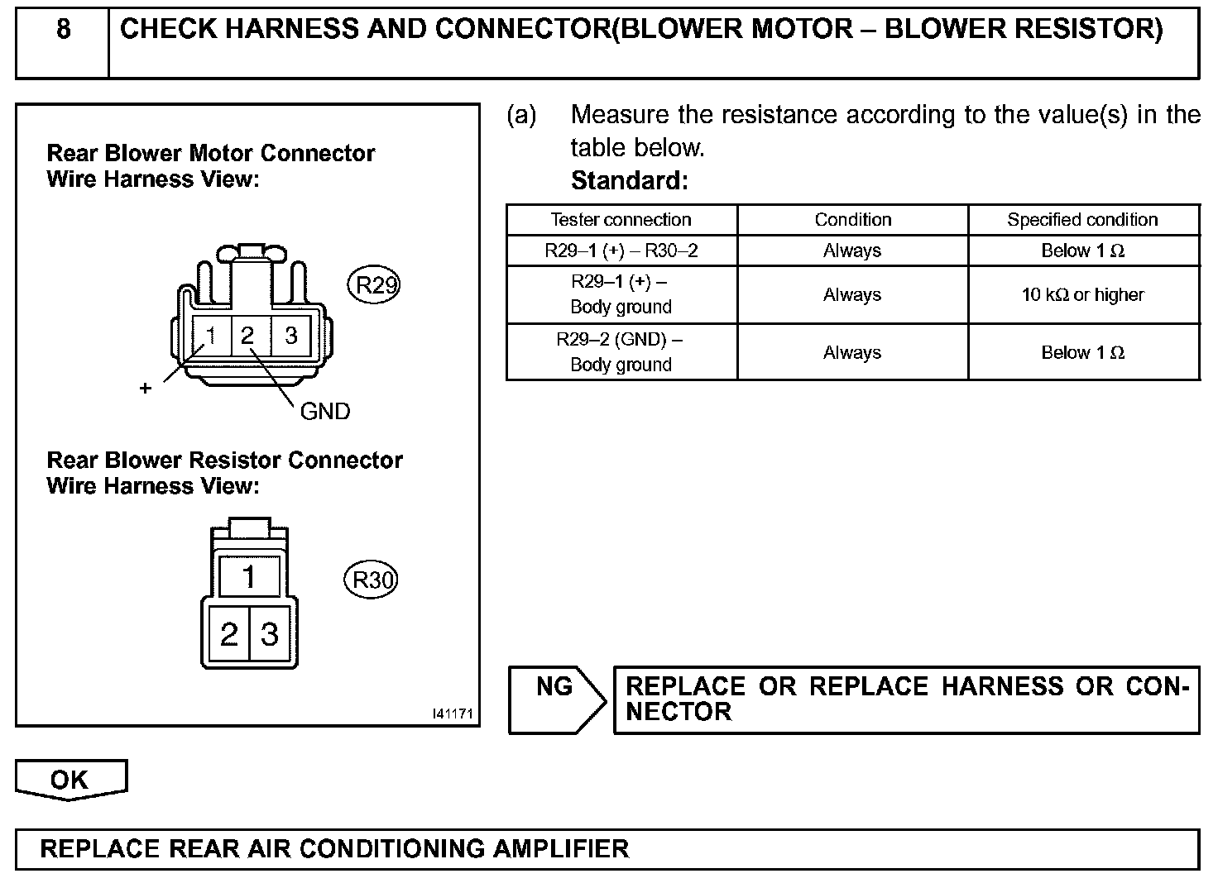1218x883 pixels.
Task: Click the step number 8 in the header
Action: click(x=63, y=31)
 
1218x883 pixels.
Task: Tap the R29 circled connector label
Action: click(x=372, y=284)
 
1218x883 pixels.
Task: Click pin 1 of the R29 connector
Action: click(x=211, y=336)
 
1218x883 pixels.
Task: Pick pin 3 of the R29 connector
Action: click(x=290, y=336)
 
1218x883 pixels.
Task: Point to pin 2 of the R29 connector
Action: click(x=247, y=336)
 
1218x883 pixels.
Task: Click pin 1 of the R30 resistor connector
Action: click(x=249, y=576)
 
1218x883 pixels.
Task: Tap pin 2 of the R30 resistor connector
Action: click(x=228, y=634)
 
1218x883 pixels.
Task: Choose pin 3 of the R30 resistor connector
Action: click(x=270, y=634)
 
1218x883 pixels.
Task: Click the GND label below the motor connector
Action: click(x=324, y=411)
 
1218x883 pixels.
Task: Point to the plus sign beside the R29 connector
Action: click(x=146, y=388)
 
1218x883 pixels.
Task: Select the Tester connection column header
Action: click(x=621, y=220)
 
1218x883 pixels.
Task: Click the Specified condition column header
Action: click(x=1082, y=220)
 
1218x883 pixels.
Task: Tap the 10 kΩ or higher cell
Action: click(x=1082, y=294)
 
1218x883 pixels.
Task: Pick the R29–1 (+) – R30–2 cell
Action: click(x=621, y=251)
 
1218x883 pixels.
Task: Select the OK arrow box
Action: click(x=70, y=780)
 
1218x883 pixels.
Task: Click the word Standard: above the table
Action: click(x=629, y=180)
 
